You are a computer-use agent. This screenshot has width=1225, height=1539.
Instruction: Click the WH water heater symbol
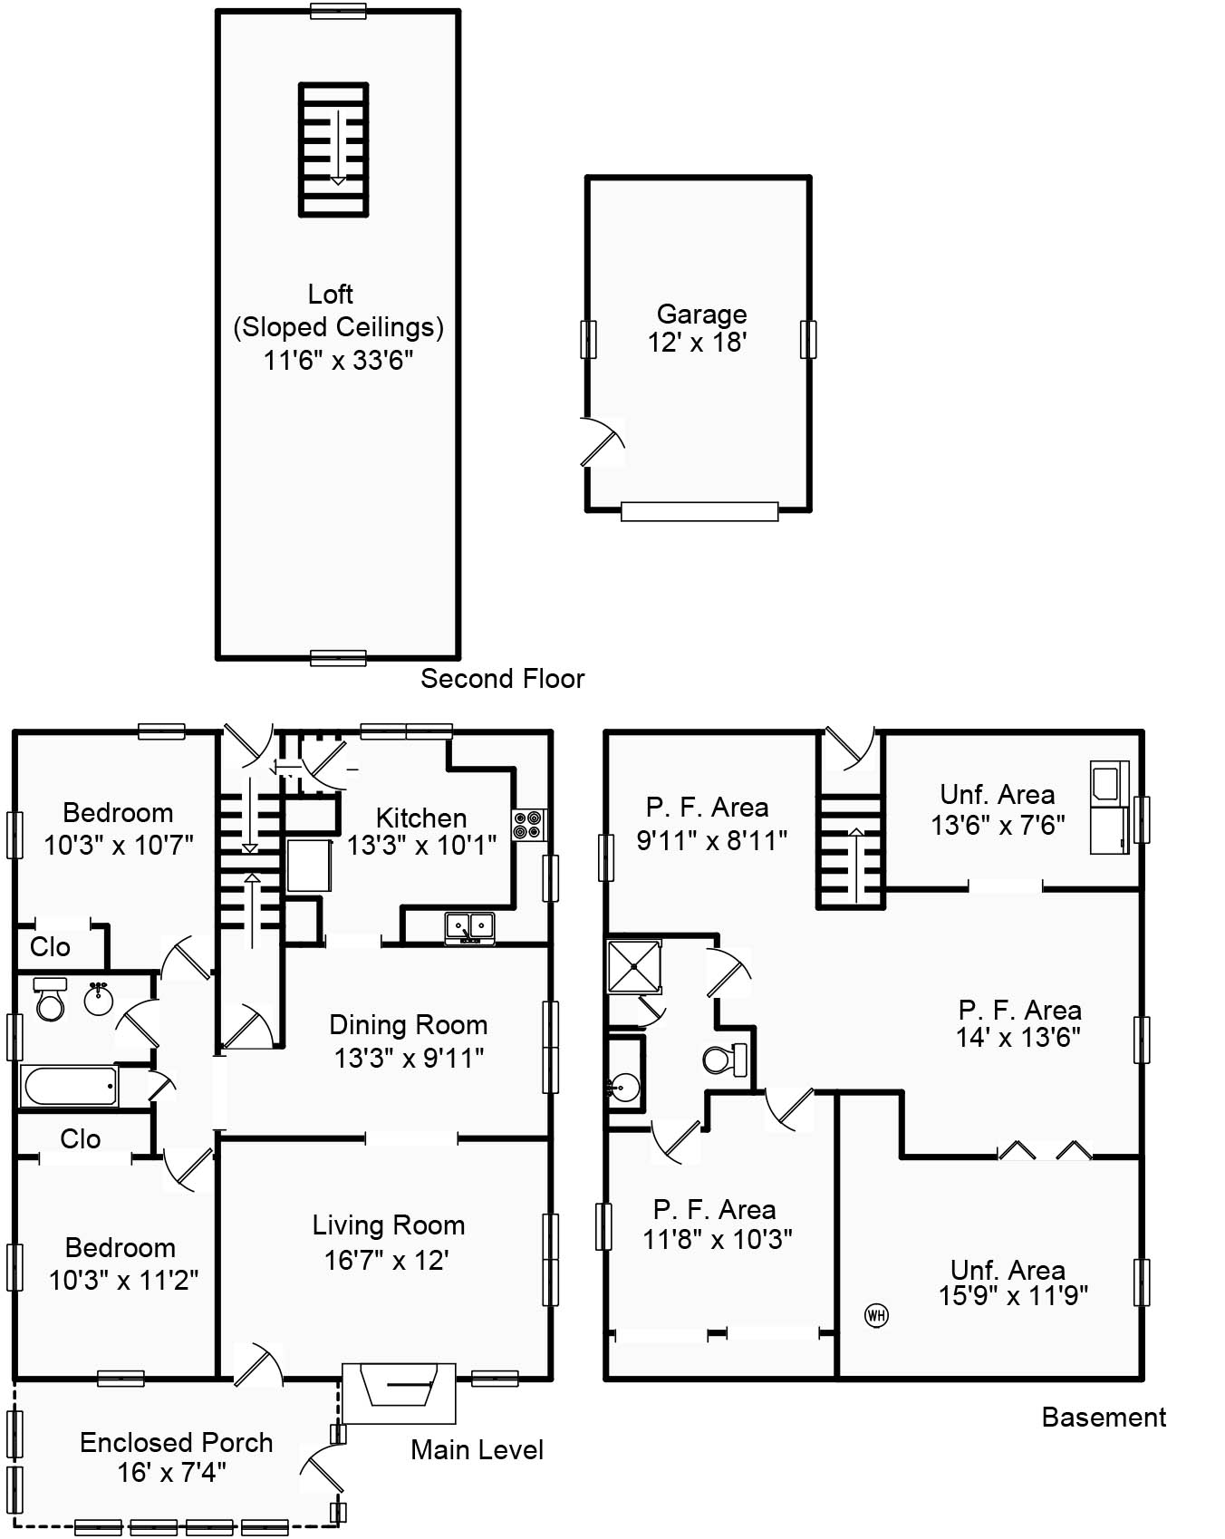876,1315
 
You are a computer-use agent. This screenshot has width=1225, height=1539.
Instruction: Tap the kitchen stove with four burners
527,825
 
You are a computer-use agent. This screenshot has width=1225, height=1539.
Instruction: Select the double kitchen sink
469,927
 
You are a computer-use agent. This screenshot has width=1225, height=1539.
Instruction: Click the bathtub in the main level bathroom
70,1086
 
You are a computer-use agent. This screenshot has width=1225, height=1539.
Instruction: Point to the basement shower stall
633,966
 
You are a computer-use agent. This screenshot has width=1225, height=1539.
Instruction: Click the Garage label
701,315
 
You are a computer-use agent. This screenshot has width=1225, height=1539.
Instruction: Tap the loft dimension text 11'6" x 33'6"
338,361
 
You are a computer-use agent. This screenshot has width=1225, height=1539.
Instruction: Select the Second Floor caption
502,679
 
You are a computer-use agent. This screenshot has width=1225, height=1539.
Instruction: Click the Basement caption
1104,1418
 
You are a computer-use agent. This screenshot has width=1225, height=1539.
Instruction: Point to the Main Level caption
477,1450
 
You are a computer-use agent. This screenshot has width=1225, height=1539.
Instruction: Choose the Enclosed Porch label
176,1443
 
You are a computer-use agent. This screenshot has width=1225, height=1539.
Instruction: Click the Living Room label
389,1225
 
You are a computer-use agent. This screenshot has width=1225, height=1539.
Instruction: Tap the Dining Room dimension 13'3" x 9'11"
409,1059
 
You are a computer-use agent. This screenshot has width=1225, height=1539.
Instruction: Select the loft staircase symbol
334,150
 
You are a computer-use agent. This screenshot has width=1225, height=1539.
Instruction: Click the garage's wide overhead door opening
699,512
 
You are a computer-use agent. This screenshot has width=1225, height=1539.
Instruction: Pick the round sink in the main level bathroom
98,1001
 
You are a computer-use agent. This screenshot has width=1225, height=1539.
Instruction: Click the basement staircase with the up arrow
851,851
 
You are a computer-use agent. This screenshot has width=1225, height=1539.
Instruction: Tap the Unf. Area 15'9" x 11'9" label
1012,1283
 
